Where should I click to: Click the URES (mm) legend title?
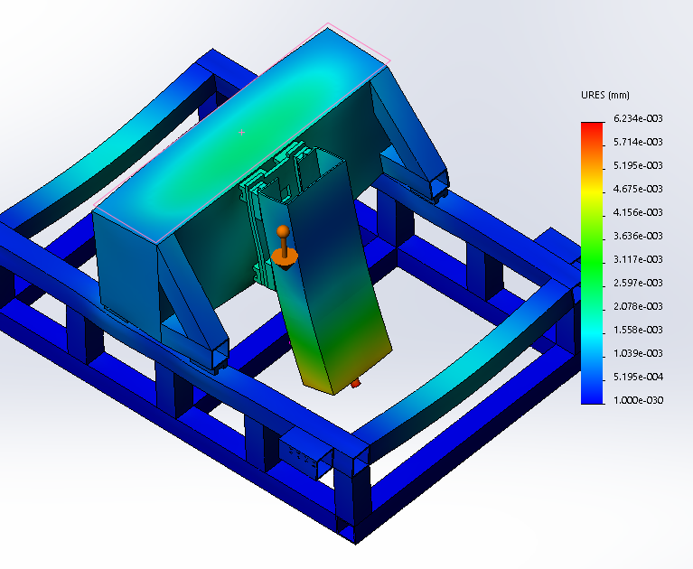click(x=605, y=95)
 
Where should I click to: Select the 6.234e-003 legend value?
click(x=638, y=118)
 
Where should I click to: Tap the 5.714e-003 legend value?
click(x=638, y=142)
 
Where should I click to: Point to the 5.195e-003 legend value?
click(x=638, y=165)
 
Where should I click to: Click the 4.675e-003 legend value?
click(x=638, y=189)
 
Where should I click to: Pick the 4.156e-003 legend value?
click(x=638, y=212)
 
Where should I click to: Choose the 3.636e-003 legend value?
click(x=638, y=236)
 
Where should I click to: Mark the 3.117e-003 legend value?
click(x=638, y=259)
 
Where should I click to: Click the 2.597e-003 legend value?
click(x=638, y=283)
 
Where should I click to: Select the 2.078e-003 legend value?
click(x=638, y=305)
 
